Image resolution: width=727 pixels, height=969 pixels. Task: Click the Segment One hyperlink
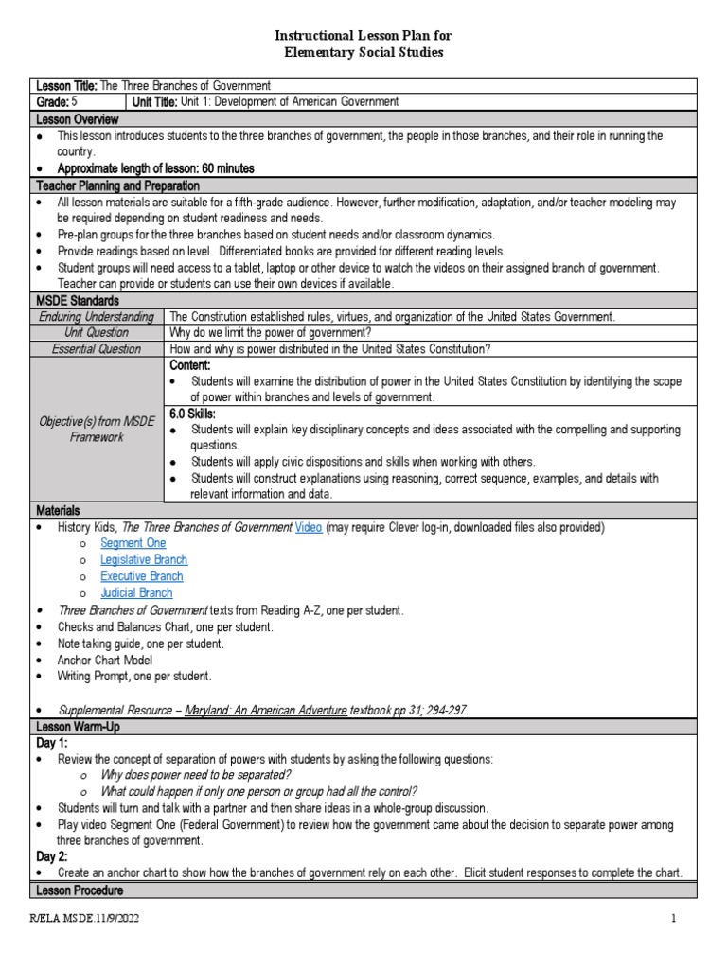133,543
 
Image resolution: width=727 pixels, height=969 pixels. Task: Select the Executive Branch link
141,576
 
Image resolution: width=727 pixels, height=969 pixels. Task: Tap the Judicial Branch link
136,593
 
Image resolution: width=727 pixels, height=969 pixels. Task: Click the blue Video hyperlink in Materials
309,527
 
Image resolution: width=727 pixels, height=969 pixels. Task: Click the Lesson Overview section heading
77,119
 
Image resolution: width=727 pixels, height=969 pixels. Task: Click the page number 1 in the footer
674,919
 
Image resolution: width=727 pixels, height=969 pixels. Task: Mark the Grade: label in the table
53,102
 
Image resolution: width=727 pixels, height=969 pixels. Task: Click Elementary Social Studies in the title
363,53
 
